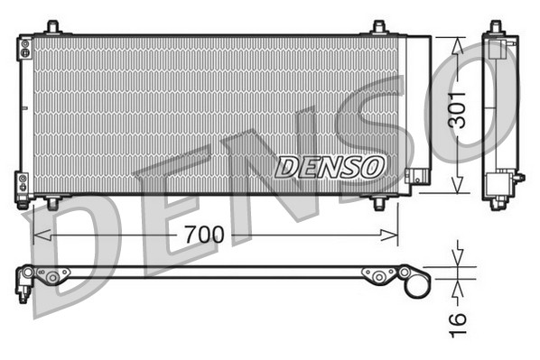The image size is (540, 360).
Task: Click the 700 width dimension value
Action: tap(203, 235)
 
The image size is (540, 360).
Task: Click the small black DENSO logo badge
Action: tap(331, 166)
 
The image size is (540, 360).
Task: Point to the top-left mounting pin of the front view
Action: tap(53, 28)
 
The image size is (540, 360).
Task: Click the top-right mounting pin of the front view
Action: tap(379, 28)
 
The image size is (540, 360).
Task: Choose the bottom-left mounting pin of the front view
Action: tap(53, 203)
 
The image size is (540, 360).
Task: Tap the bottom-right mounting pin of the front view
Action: tap(379, 203)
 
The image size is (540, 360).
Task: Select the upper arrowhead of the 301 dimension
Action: tap(458, 42)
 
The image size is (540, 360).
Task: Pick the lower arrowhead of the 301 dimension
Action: tap(458, 187)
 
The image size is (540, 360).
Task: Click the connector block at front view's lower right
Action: tap(416, 176)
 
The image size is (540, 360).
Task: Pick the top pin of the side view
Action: tap(495, 27)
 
